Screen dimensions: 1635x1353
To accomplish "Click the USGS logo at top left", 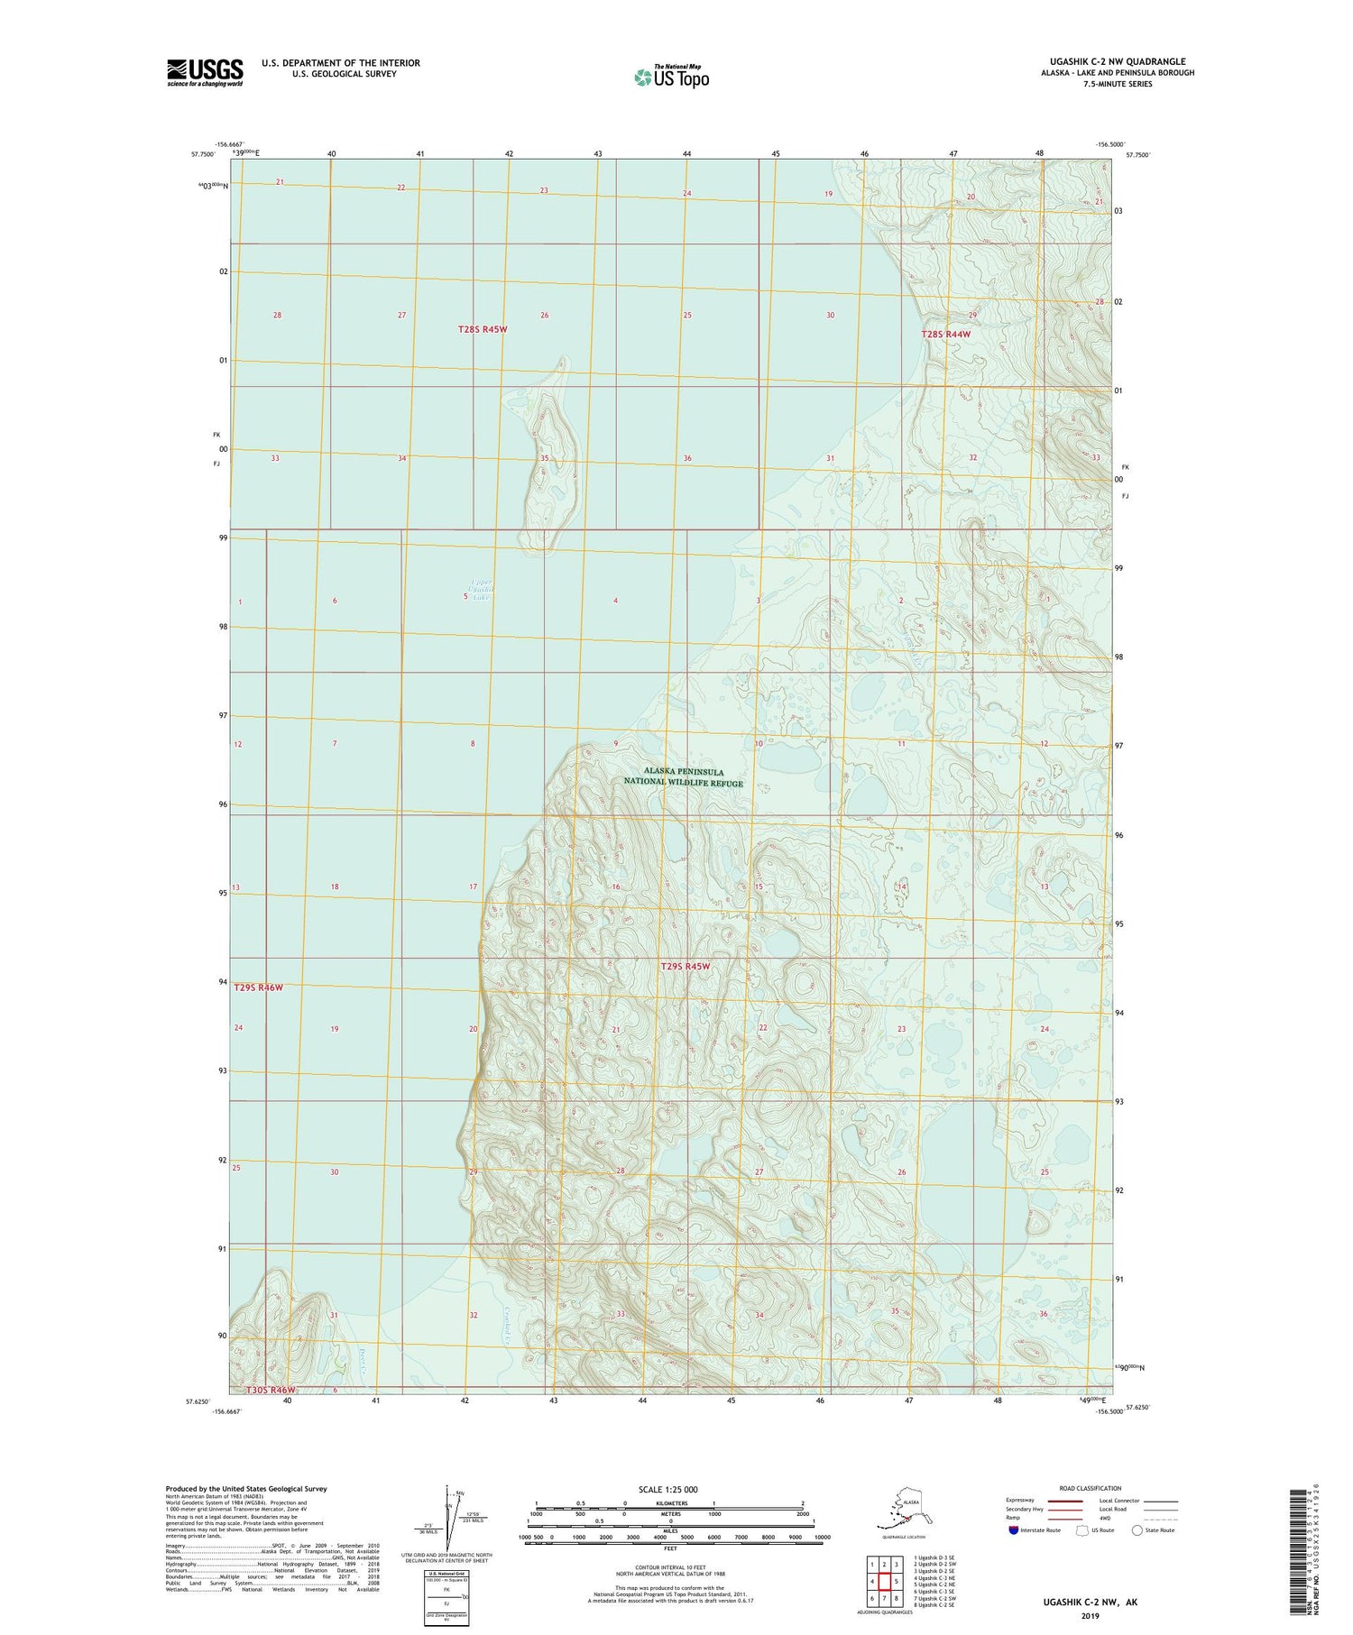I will click(x=205, y=72).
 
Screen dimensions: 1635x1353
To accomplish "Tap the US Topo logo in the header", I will click(x=671, y=77).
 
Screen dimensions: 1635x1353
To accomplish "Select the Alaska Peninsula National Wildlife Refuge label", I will click(x=684, y=777).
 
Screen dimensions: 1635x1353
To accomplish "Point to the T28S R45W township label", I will click(x=483, y=330).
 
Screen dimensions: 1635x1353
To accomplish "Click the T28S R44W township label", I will click(x=946, y=335).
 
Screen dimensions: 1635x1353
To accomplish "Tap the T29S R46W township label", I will click(x=259, y=987).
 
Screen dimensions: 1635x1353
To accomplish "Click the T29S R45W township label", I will click(x=686, y=967).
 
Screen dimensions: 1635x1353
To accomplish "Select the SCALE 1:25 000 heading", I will click(x=667, y=1489).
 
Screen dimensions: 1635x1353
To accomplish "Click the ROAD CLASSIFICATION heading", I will click(x=1090, y=1488).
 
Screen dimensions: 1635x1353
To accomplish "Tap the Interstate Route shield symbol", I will click(x=1013, y=1529).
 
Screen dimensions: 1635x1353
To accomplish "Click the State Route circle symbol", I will click(x=1137, y=1529).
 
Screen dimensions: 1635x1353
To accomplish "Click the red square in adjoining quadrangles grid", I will click(x=884, y=1581).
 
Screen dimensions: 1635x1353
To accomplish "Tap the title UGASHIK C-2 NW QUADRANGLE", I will click(x=1119, y=61).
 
